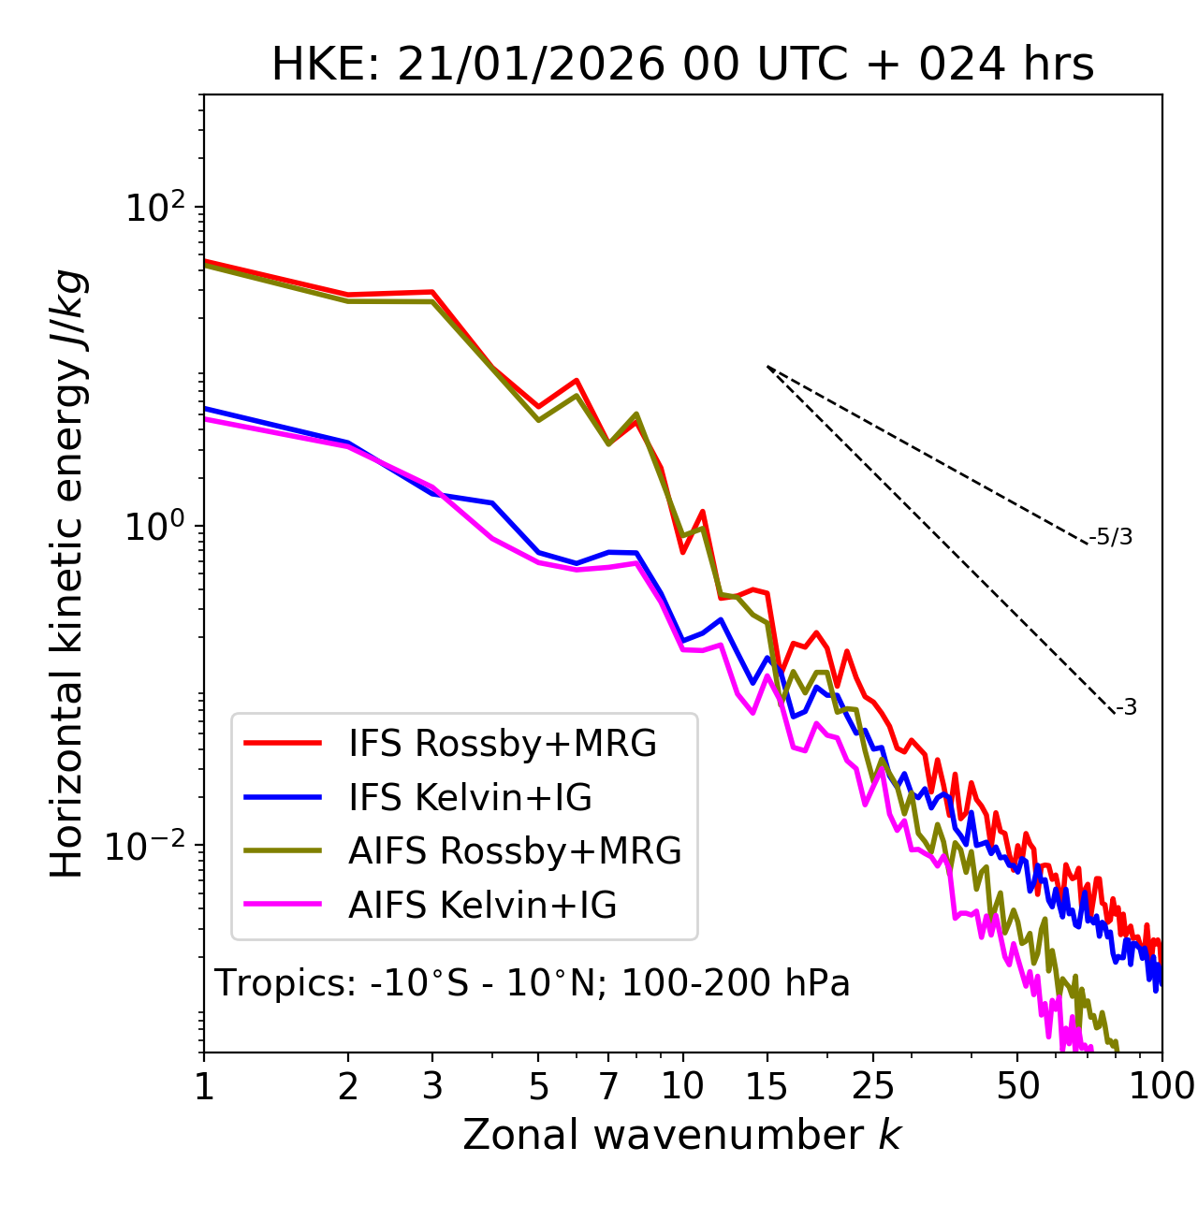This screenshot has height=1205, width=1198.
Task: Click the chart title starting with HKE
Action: click(x=682, y=65)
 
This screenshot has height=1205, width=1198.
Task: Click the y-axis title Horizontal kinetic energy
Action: click(x=67, y=573)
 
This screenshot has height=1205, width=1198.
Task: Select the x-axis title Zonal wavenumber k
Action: click(x=681, y=1135)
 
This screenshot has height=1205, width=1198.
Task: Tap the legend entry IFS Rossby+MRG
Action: click(x=502, y=744)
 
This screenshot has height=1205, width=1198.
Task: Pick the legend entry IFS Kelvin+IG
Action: click(x=470, y=798)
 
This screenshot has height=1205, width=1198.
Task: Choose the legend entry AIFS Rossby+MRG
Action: click(x=515, y=851)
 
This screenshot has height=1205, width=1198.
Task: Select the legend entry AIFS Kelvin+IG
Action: click(x=482, y=906)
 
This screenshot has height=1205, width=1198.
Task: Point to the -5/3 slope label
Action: click(x=1111, y=538)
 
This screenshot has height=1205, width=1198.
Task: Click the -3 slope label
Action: click(x=1126, y=708)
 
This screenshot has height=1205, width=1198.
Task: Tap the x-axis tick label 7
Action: click(x=608, y=1086)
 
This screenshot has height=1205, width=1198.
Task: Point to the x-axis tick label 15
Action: click(x=767, y=1086)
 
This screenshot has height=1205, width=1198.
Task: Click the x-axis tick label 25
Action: click(x=873, y=1086)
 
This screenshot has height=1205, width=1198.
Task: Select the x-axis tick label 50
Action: click(x=1017, y=1086)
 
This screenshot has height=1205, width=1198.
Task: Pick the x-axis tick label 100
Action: click(x=1161, y=1086)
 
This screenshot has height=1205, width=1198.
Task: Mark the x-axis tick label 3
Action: click(x=432, y=1086)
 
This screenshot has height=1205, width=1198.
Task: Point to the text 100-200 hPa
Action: click(x=736, y=984)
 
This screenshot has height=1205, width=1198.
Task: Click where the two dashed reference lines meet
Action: click(x=767, y=367)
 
